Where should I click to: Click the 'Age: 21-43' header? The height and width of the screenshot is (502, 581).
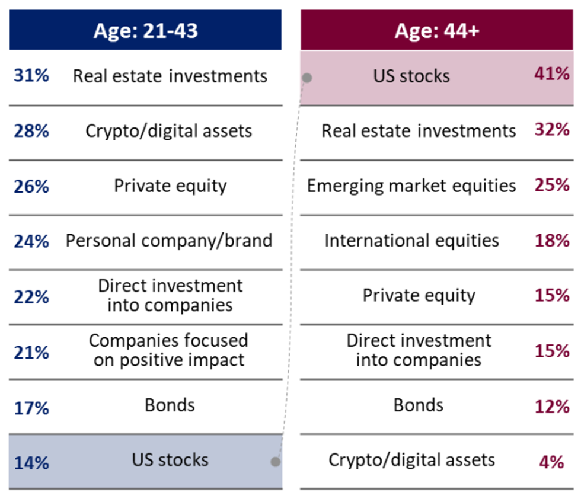[145, 30]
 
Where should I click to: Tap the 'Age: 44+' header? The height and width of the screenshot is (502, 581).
[437, 30]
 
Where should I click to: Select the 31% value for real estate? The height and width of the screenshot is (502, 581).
[31, 76]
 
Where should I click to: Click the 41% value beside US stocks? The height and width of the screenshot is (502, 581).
[552, 73]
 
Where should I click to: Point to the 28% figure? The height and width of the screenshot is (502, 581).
[31, 131]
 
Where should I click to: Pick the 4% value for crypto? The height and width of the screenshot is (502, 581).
[552, 462]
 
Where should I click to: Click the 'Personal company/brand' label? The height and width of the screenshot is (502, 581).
[169, 241]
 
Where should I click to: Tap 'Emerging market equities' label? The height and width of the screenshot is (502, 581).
[411, 186]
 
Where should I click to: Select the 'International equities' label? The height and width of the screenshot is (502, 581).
[411, 241]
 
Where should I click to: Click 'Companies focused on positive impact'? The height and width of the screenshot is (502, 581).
[168, 350]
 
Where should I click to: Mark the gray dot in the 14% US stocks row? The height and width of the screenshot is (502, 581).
[275, 462]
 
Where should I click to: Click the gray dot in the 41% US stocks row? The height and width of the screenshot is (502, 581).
[307, 78]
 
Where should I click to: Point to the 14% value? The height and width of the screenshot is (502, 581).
[31, 463]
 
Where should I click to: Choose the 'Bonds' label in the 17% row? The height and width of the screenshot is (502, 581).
[170, 405]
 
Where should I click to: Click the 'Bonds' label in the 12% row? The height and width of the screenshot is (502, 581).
[419, 405]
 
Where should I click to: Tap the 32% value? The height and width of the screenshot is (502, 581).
[552, 129]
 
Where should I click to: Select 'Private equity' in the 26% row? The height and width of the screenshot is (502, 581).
[170, 186]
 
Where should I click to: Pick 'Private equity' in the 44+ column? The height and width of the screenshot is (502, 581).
[419, 296]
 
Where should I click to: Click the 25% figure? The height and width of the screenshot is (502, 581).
[552, 184]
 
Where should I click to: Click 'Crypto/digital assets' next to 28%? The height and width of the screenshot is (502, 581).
[168, 131]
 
